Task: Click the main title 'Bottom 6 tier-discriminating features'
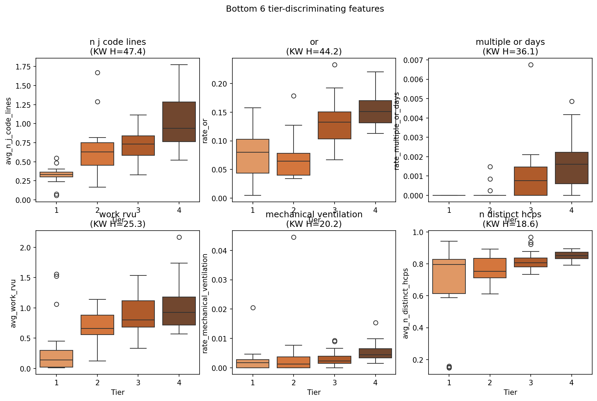click(305, 9)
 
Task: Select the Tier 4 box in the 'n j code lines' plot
click(179, 122)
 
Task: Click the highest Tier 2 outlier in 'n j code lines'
click(97, 73)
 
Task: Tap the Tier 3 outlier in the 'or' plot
click(335, 65)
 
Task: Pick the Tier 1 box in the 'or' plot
click(253, 156)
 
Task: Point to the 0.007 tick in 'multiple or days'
click(413, 60)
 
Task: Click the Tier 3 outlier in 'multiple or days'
click(531, 65)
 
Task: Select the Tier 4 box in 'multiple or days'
click(572, 168)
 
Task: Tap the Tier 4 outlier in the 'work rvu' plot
click(179, 237)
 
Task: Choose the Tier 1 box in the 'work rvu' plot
click(56, 359)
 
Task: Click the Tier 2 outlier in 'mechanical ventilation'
click(294, 237)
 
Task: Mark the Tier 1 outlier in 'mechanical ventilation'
click(253, 308)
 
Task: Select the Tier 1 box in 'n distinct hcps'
click(449, 276)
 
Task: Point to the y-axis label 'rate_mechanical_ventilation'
click(205, 303)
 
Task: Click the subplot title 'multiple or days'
click(510, 42)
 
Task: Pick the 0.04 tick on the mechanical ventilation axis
click(219, 250)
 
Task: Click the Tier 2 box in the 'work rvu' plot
click(97, 325)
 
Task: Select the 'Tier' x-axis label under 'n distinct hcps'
click(510, 392)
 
